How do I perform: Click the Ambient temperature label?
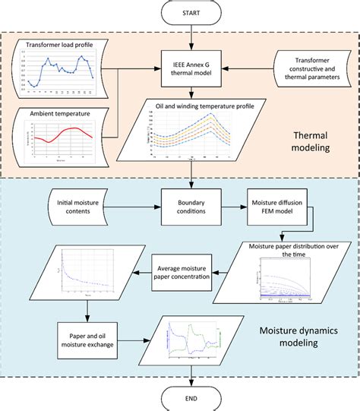coord(60,115)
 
